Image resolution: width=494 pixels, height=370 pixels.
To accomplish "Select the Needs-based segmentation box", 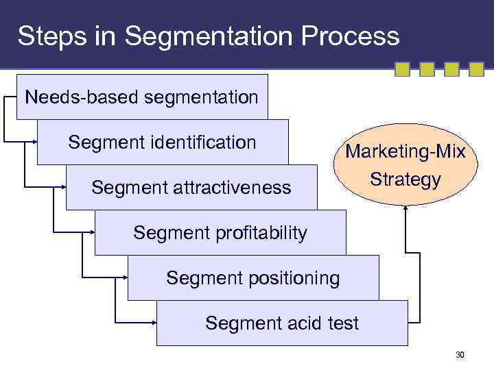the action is tap(142, 97).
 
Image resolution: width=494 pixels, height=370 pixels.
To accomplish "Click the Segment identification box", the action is tap(163, 143).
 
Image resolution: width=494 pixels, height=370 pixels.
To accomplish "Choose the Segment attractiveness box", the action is tap(191, 187).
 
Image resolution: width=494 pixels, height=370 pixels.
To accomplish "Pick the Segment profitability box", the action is tap(220, 233).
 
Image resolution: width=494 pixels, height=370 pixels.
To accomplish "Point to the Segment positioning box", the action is tap(252, 278).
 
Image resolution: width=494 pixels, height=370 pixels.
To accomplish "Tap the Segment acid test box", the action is tap(282, 323).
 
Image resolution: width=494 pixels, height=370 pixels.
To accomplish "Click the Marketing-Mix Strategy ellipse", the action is tap(404, 165).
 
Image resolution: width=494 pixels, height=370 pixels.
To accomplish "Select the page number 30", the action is tap(460, 355).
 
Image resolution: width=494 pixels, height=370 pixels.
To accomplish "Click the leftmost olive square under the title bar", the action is tap(403, 69).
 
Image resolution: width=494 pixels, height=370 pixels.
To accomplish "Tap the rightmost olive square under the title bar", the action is tap(476, 69).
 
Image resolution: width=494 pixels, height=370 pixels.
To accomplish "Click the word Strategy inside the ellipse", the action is tap(405, 180).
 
